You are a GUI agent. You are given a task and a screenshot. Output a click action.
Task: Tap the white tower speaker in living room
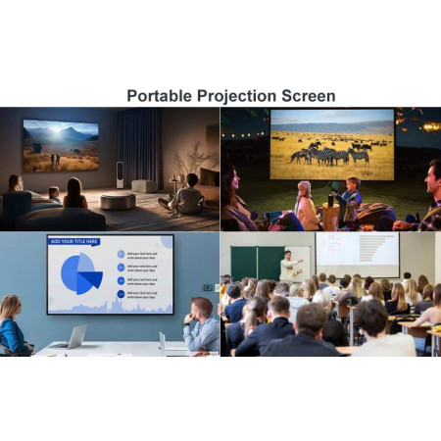(120, 173)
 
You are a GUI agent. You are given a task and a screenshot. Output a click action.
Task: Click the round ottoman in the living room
(118, 201)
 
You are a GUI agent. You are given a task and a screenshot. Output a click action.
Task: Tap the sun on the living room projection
(60, 130)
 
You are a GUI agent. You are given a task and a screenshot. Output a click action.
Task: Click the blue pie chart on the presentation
(81, 273)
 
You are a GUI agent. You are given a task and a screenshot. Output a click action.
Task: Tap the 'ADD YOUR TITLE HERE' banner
(75, 241)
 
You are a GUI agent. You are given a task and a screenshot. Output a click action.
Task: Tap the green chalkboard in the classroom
(256, 262)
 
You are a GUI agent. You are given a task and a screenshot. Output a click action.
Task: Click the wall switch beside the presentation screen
(206, 287)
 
